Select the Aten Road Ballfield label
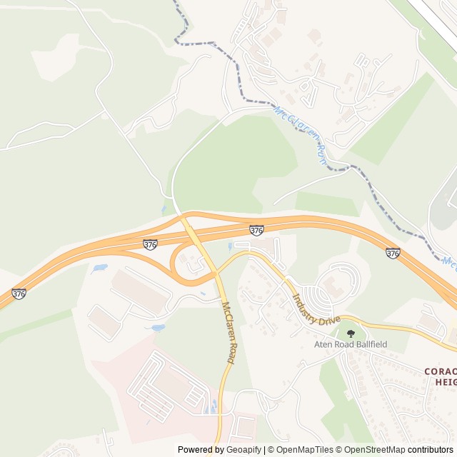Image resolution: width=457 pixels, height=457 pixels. (351, 344)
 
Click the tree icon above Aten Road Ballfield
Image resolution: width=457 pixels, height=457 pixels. (350, 333)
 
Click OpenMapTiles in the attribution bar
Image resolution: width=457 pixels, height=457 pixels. (304, 450)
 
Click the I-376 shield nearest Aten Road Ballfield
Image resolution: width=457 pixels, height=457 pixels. (392, 253)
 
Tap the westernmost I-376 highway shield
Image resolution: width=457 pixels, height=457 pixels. (19, 293)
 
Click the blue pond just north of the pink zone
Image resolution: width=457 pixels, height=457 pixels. (157, 328)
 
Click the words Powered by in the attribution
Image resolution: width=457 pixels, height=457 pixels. (200, 450)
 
